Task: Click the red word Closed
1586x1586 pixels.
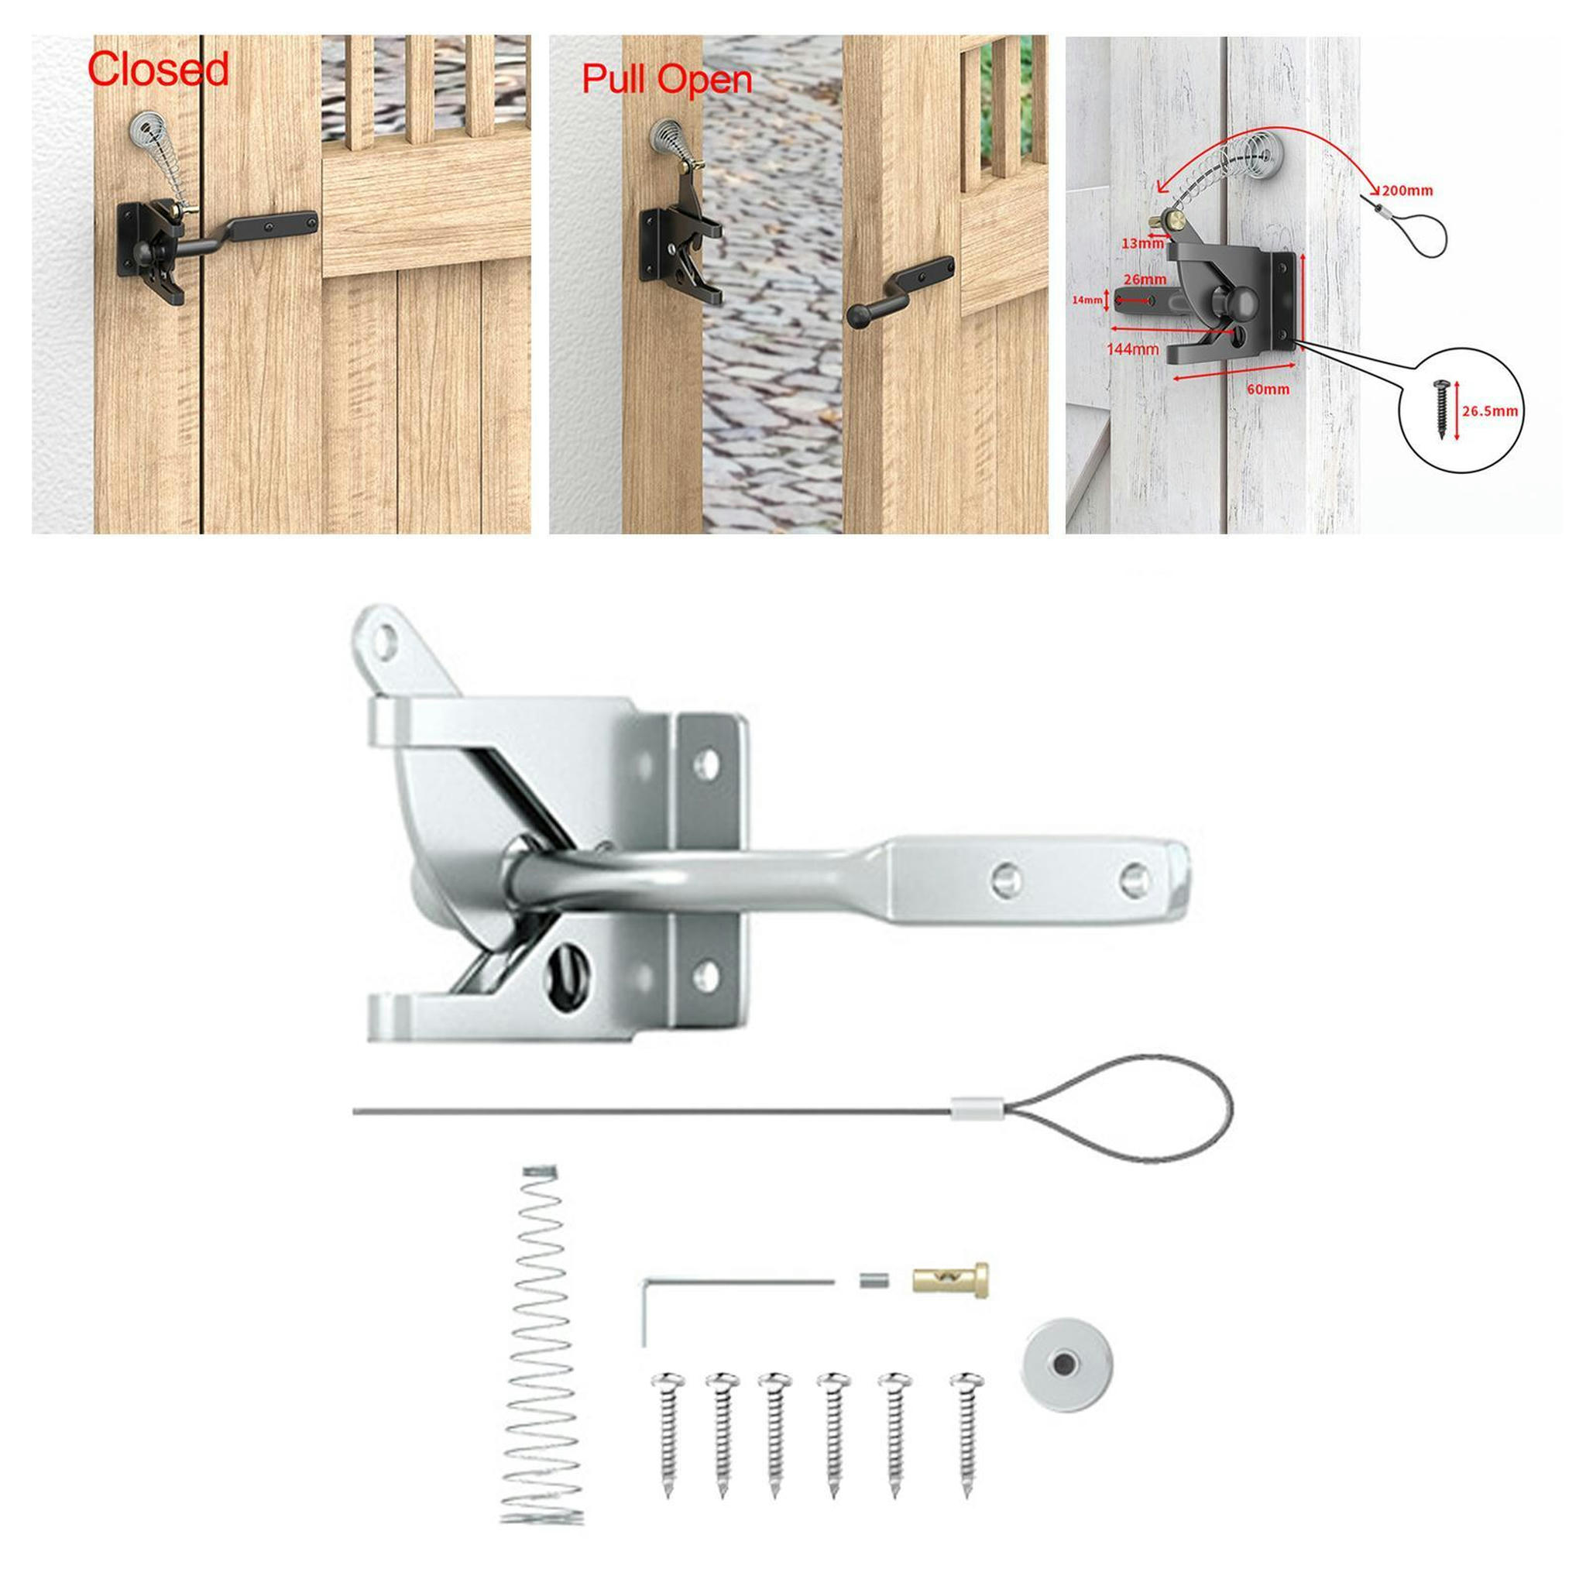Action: click(x=158, y=70)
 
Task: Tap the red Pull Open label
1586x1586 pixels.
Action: click(x=667, y=80)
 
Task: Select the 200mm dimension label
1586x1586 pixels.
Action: click(x=1407, y=191)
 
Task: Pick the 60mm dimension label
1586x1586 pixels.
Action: click(x=1268, y=389)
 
